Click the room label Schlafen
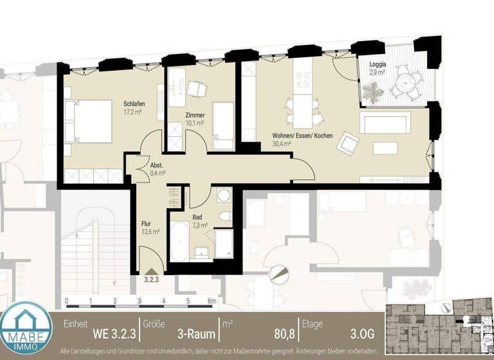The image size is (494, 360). [134, 104]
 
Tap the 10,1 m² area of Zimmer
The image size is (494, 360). [195, 122]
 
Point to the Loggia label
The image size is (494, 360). [378, 66]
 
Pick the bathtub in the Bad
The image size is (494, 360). [179, 242]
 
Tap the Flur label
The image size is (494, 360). [146, 224]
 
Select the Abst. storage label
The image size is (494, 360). [156, 165]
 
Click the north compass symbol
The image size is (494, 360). [279, 274]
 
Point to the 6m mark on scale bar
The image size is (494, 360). [212, 300]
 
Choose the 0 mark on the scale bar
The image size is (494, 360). [66, 300]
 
